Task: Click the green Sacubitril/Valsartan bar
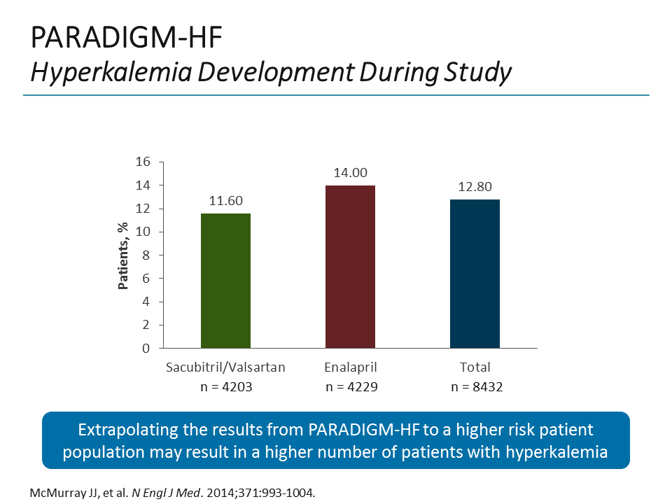pyautogui.click(x=225, y=281)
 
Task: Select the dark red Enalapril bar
pyautogui.click(x=350, y=267)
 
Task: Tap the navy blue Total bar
pyautogui.click(x=475, y=274)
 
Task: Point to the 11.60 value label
pyautogui.click(x=225, y=202)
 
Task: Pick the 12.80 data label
pyautogui.click(x=475, y=188)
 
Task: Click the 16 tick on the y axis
pyautogui.click(x=143, y=162)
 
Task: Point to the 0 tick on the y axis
pyautogui.click(x=146, y=348)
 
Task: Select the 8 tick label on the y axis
pyautogui.click(x=146, y=255)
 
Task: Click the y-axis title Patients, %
pyautogui.click(x=123, y=255)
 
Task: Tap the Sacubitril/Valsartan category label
pyautogui.click(x=225, y=367)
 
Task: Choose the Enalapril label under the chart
pyautogui.click(x=350, y=367)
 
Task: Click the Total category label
pyautogui.click(x=475, y=367)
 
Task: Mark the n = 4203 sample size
pyautogui.click(x=225, y=386)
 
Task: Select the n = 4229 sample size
pyautogui.click(x=350, y=386)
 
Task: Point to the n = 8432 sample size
pyautogui.click(x=475, y=386)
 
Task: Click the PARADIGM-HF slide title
pyautogui.click(x=127, y=38)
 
